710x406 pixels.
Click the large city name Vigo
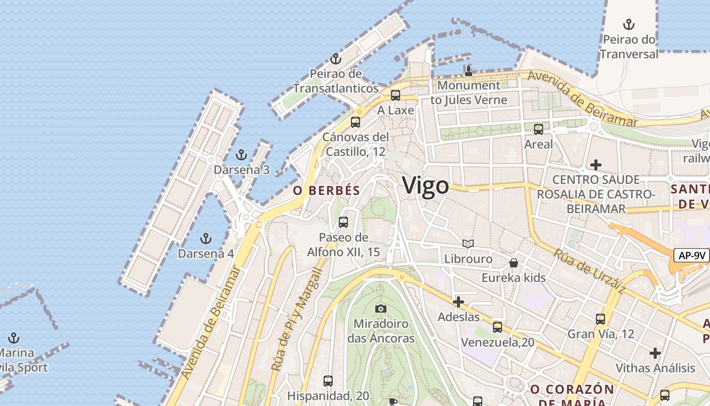[x=425, y=186]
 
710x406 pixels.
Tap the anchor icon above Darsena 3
[x=241, y=155]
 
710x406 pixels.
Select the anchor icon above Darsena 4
[x=206, y=238]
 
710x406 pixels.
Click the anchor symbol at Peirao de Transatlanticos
[x=335, y=59]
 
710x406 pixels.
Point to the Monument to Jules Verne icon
[x=469, y=71]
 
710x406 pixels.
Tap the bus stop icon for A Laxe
[x=396, y=95]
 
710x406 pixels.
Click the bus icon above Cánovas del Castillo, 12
[x=356, y=122]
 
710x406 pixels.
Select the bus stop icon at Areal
[x=539, y=129]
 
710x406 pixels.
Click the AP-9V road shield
[x=691, y=255]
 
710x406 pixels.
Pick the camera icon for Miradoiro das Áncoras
[x=380, y=309]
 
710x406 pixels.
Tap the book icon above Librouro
[x=468, y=244]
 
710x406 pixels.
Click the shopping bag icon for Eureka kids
[x=514, y=262]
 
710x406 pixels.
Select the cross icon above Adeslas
[x=458, y=302]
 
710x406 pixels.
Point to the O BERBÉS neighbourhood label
[x=327, y=191]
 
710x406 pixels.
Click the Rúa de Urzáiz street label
[x=589, y=271]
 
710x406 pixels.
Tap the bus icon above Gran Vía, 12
[x=600, y=319]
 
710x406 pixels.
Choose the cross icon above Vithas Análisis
[x=655, y=353]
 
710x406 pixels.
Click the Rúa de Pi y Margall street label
[x=297, y=320]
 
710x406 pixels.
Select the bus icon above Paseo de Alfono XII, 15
[x=343, y=222]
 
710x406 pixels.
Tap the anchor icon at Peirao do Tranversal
[x=629, y=24]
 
